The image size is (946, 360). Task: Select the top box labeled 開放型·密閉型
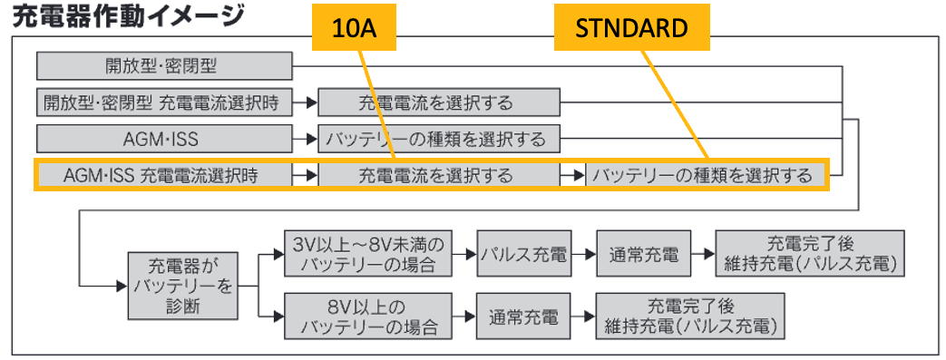(165, 65)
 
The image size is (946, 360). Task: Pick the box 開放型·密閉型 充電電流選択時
(165, 102)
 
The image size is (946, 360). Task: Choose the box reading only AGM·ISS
(165, 140)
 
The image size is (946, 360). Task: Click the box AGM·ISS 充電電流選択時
(165, 176)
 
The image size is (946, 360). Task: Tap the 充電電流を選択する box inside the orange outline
(439, 176)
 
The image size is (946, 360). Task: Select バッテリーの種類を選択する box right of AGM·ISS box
(439, 140)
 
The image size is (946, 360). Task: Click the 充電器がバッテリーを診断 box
(181, 286)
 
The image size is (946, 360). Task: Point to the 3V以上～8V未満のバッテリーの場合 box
(368, 255)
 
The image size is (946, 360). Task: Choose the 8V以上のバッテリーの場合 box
(368, 316)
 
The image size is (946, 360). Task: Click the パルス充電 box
(523, 255)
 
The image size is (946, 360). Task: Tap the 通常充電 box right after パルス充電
(643, 255)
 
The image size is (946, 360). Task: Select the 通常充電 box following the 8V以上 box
(523, 316)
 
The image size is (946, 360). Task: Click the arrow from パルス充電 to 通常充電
(583, 255)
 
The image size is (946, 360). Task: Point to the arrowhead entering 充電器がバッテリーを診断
(122, 286)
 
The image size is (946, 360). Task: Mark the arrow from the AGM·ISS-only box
(306, 140)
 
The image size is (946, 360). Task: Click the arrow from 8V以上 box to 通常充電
(464, 316)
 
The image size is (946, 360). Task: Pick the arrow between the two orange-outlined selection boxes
(572, 176)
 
